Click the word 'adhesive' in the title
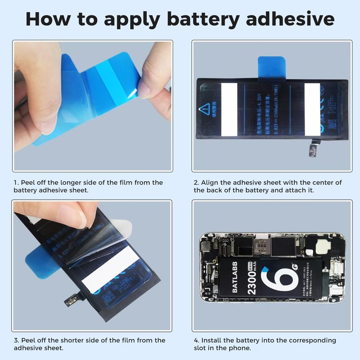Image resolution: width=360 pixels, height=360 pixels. (x=288, y=19)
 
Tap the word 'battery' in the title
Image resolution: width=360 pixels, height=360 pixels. (x=202, y=19)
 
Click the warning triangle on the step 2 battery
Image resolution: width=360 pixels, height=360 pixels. (x=205, y=108)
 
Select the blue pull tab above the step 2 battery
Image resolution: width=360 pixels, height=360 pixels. (x=270, y=67)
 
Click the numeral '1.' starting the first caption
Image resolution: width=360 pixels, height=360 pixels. (x=16, y=183)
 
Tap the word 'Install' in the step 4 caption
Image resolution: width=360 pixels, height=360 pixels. (x=211, y=340)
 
